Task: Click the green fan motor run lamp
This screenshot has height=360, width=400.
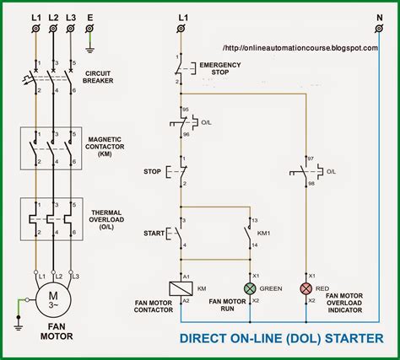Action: pyautogui.click(x=250, y=288)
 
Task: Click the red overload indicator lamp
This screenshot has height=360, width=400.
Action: pyautogui.click(x=306, y=288)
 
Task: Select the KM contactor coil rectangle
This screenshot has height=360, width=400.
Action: pyautogui.click(x=181, y=288)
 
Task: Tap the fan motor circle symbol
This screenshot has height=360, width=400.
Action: pyautogui.click(x=53, y=299)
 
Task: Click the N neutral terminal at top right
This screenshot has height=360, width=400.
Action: pyautogui.click(x=379, y=29)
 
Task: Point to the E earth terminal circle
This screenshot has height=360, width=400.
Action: pyautogui.click(x=89, y=29)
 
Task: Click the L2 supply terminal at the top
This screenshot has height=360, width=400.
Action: pyautogui.click(x=53, y=29)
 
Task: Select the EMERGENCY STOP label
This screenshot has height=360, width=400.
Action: pyautogui.click(x=220, y=68)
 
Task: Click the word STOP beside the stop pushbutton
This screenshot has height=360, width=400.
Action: pyautogui.click(x=152, y=171)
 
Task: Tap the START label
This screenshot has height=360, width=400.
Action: pyautogui.click(x=154, y=233)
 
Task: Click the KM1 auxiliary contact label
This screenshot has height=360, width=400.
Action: pyautogui.click(x=263, y=233)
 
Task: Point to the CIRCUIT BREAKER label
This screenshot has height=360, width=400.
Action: pyautogui.click(x=98, y=77)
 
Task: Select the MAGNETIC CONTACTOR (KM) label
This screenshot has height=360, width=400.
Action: pyautogui.click(x=105, y=147)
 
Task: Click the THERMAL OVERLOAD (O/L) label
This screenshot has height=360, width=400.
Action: pyautogui.click(x=106, y=220)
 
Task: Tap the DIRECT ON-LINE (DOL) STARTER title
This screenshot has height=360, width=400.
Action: pyautogui.click(x=281, y=338)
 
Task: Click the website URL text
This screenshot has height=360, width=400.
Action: pyautogui.click(x=300, y=48)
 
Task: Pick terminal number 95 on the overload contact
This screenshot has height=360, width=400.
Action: pyautogui.click(x=186, y=110)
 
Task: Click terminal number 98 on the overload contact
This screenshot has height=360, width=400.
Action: pyautogui.click(x=311, y=184)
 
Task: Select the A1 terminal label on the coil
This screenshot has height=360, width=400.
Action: pyautogui.click(x=186, y=277)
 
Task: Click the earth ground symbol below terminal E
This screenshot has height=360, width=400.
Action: pyautogui.click(x=89, y=51)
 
